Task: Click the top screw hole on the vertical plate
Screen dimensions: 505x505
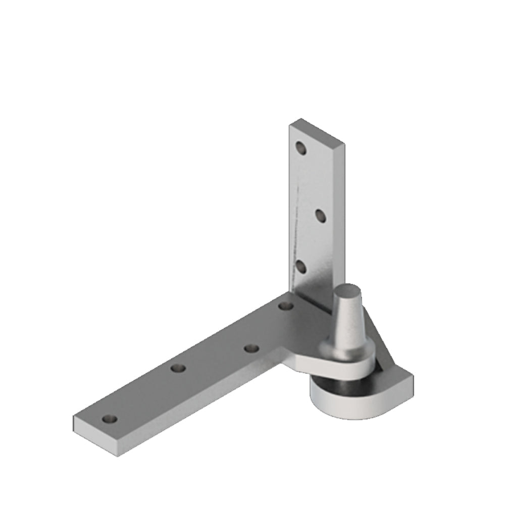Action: click(x=301, y=148)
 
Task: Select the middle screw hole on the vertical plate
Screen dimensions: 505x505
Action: click(x=320, y=216)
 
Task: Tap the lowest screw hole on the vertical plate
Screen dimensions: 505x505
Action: click(x=301, y=266)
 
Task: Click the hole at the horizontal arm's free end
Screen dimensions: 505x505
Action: click(x=110, y=419)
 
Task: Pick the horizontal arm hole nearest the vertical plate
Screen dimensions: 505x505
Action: click(x=285, y=306)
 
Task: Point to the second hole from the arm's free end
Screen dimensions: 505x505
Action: click(x=178, y=368)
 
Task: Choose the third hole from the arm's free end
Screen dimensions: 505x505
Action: click(x=251, y=348)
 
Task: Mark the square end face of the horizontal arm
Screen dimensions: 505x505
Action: click(x=96, y=435)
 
